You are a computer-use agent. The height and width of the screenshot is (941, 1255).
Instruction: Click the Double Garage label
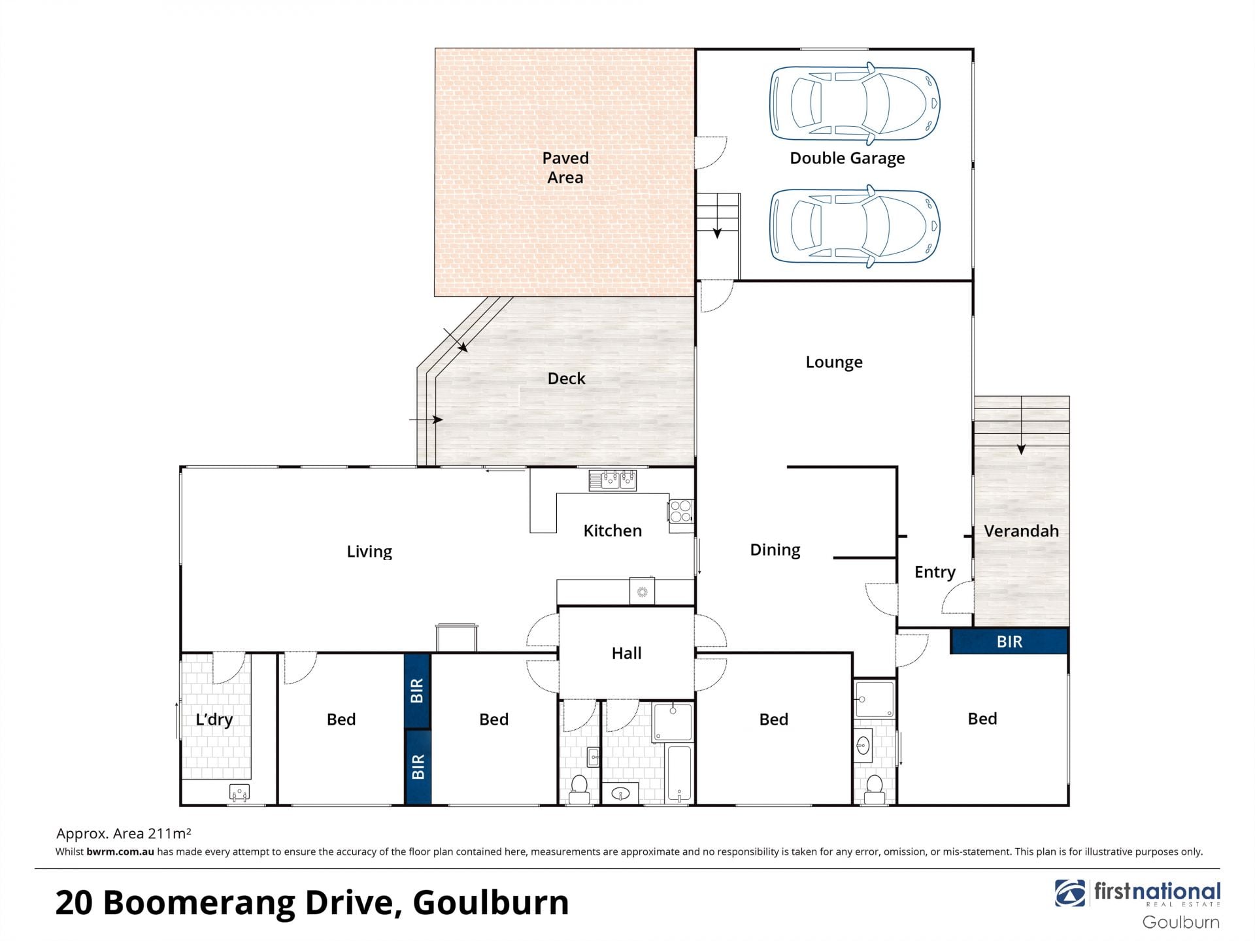847,159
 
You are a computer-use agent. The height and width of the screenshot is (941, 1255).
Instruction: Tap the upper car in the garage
855,103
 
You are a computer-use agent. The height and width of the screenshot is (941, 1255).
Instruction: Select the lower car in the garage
855,227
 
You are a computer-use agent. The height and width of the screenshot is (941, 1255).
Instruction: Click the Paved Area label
565,167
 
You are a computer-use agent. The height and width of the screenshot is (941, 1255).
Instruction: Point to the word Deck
566,378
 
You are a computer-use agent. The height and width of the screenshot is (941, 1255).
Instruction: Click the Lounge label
834,362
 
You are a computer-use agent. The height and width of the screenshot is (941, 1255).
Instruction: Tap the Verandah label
1021,531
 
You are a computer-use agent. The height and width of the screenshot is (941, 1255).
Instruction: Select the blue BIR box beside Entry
1009,641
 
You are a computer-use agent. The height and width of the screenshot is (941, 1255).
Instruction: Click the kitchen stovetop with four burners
680,511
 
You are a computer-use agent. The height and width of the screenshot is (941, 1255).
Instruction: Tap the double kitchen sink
612,480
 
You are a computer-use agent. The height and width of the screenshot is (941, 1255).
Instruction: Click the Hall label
626,653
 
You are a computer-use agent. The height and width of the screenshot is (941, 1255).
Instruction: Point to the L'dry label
214,719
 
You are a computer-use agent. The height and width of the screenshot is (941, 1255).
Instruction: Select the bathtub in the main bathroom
679,774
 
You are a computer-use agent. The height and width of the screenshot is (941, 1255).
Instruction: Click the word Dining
775,550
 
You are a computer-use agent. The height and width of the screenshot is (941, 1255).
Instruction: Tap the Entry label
935,572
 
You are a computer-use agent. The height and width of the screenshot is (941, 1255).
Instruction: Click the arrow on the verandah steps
1021,425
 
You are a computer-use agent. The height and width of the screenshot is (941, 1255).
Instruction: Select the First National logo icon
1069,893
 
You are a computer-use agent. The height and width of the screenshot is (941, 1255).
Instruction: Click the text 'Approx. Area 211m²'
124,833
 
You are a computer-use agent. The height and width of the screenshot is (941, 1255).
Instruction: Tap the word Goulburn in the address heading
491,902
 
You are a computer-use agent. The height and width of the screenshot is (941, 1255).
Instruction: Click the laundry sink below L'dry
239,793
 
